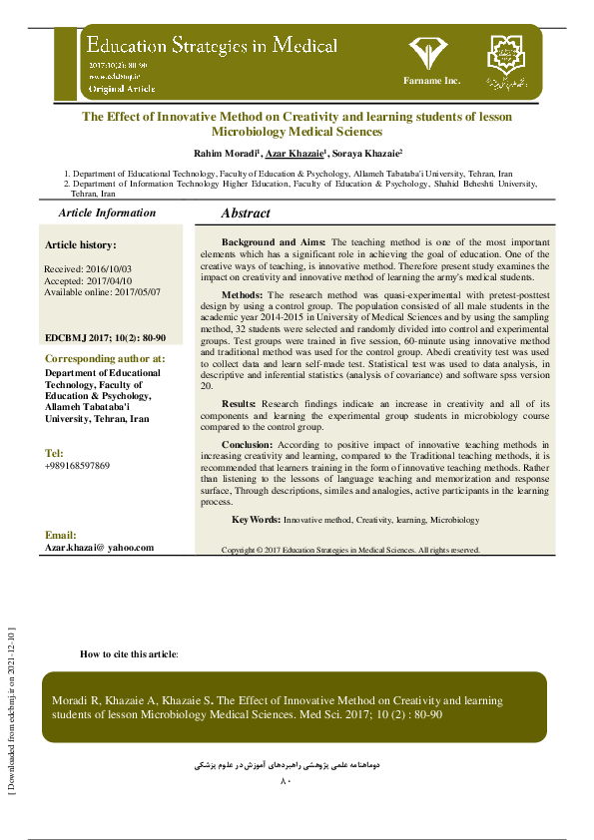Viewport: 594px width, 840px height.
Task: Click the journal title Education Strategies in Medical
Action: [211, 47]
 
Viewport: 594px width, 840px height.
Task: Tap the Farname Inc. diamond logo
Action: [431, 53]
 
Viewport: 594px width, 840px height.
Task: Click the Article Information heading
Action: [107, 212]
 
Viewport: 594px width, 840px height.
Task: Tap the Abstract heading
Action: [246, 213]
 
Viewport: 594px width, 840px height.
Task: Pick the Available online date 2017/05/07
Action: [102, 291]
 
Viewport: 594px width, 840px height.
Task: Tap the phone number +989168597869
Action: [78, 466]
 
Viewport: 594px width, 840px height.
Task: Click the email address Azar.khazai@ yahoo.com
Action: [100, 548]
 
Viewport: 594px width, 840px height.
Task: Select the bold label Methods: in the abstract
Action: [243, 295]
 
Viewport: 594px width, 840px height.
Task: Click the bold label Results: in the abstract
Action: [241, 403]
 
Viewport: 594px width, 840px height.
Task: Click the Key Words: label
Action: [255, 520]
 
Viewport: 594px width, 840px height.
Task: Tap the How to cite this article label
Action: [129, 653]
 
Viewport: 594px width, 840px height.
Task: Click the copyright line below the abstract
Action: [350, 550]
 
